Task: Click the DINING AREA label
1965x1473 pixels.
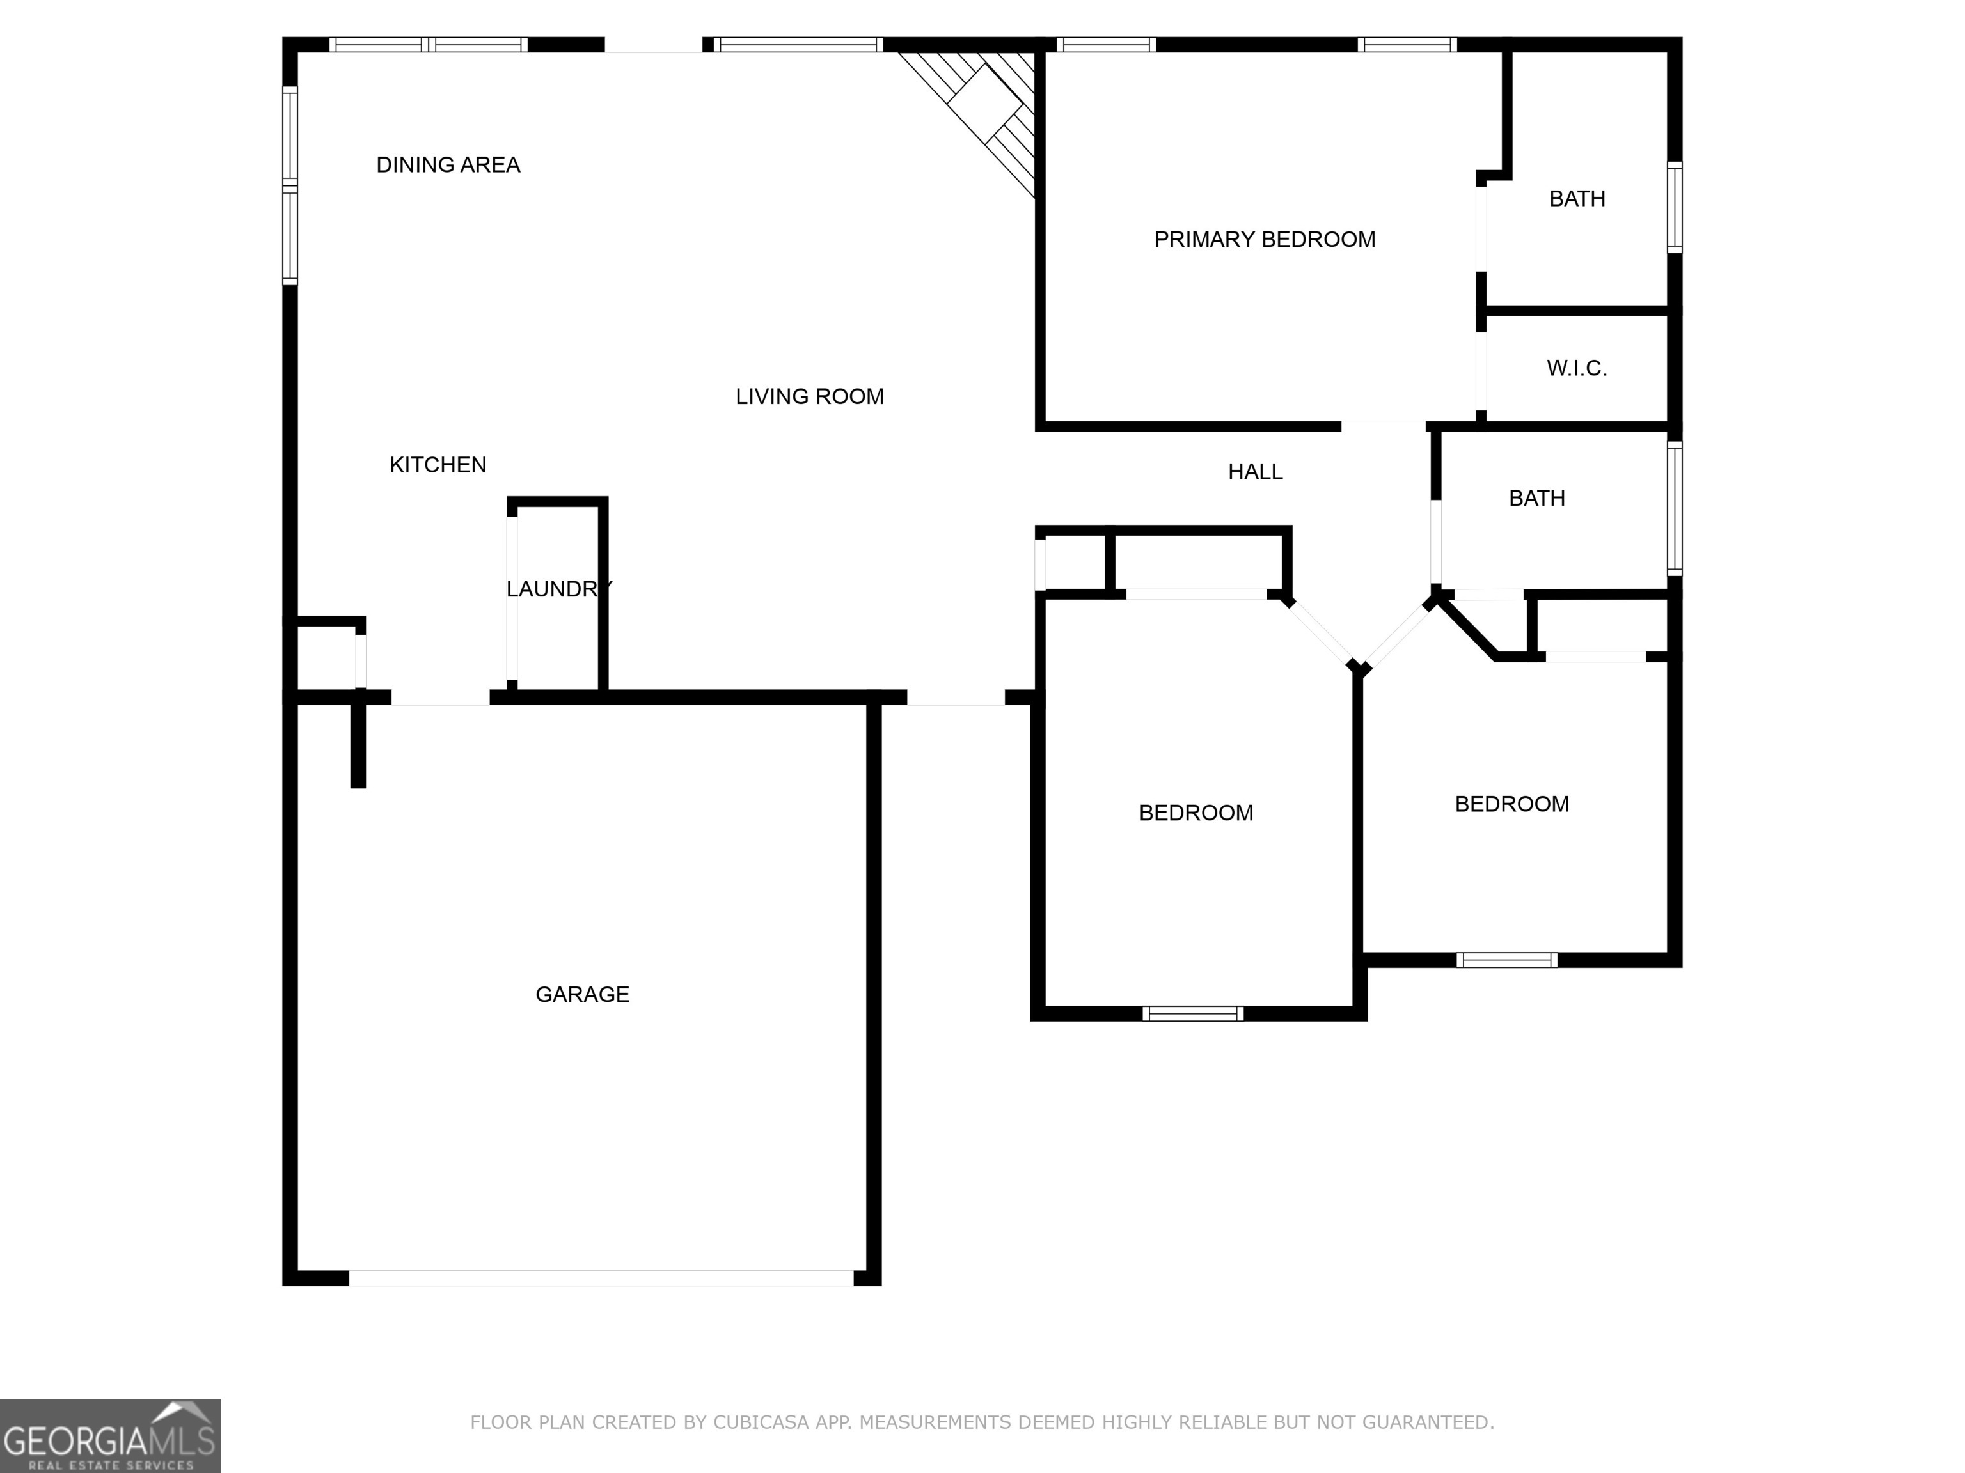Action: tap(448, 165)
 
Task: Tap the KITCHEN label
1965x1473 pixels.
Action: tap(438, 465)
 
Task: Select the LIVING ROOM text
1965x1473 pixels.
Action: tap(809, 397)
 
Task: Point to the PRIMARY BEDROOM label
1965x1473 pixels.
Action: tap(1264, 240)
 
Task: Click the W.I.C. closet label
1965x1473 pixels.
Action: tap(1577, 368)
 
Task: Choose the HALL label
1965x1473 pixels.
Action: tap(1255, 472)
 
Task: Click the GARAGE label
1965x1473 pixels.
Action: tap(583, 994)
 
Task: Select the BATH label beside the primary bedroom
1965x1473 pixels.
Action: tap(1577, 199)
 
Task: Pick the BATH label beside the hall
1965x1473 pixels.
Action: tap(1537, 499)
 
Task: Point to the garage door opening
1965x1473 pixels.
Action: tap(601, 1277)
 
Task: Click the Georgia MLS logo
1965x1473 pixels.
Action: tap(109, 1436)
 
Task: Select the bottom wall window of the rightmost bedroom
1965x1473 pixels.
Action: tap(1506, 960)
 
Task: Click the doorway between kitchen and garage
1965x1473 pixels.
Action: tap(441, 699)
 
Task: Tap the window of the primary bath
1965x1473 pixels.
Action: tap(1675, 207)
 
